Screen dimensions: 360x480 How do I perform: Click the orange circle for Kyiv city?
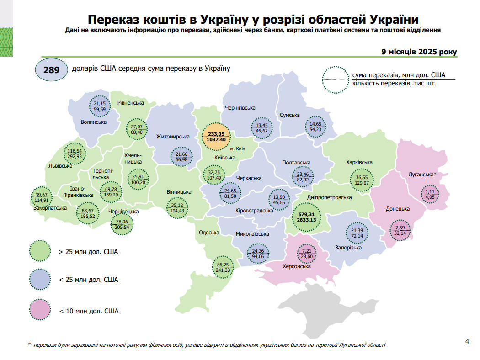(216, 137)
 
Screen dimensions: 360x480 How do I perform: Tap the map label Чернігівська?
(240, 108)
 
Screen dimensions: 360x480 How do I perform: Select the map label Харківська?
(359, 162)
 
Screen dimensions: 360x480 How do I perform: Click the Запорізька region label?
(348, 248)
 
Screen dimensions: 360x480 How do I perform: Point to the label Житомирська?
(173, 137)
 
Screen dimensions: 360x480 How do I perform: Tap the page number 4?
(467, 341)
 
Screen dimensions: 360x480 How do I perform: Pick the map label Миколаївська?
(252, 234)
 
